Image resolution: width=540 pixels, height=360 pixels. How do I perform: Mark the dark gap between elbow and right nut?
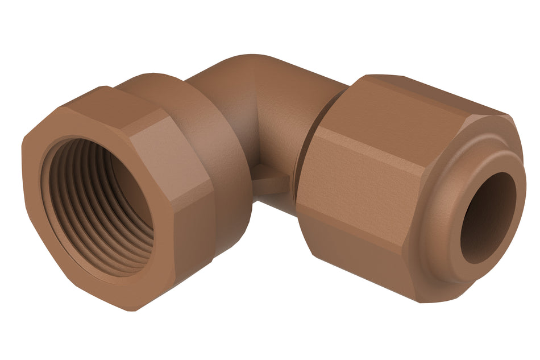click(x=300, y=171)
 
